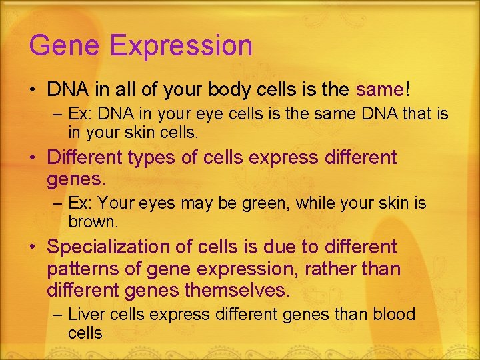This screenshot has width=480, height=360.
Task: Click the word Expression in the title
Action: coord(181,47)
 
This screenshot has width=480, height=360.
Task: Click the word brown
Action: coord(93,221)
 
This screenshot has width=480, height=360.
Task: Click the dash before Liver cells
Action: coord(57,315)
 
